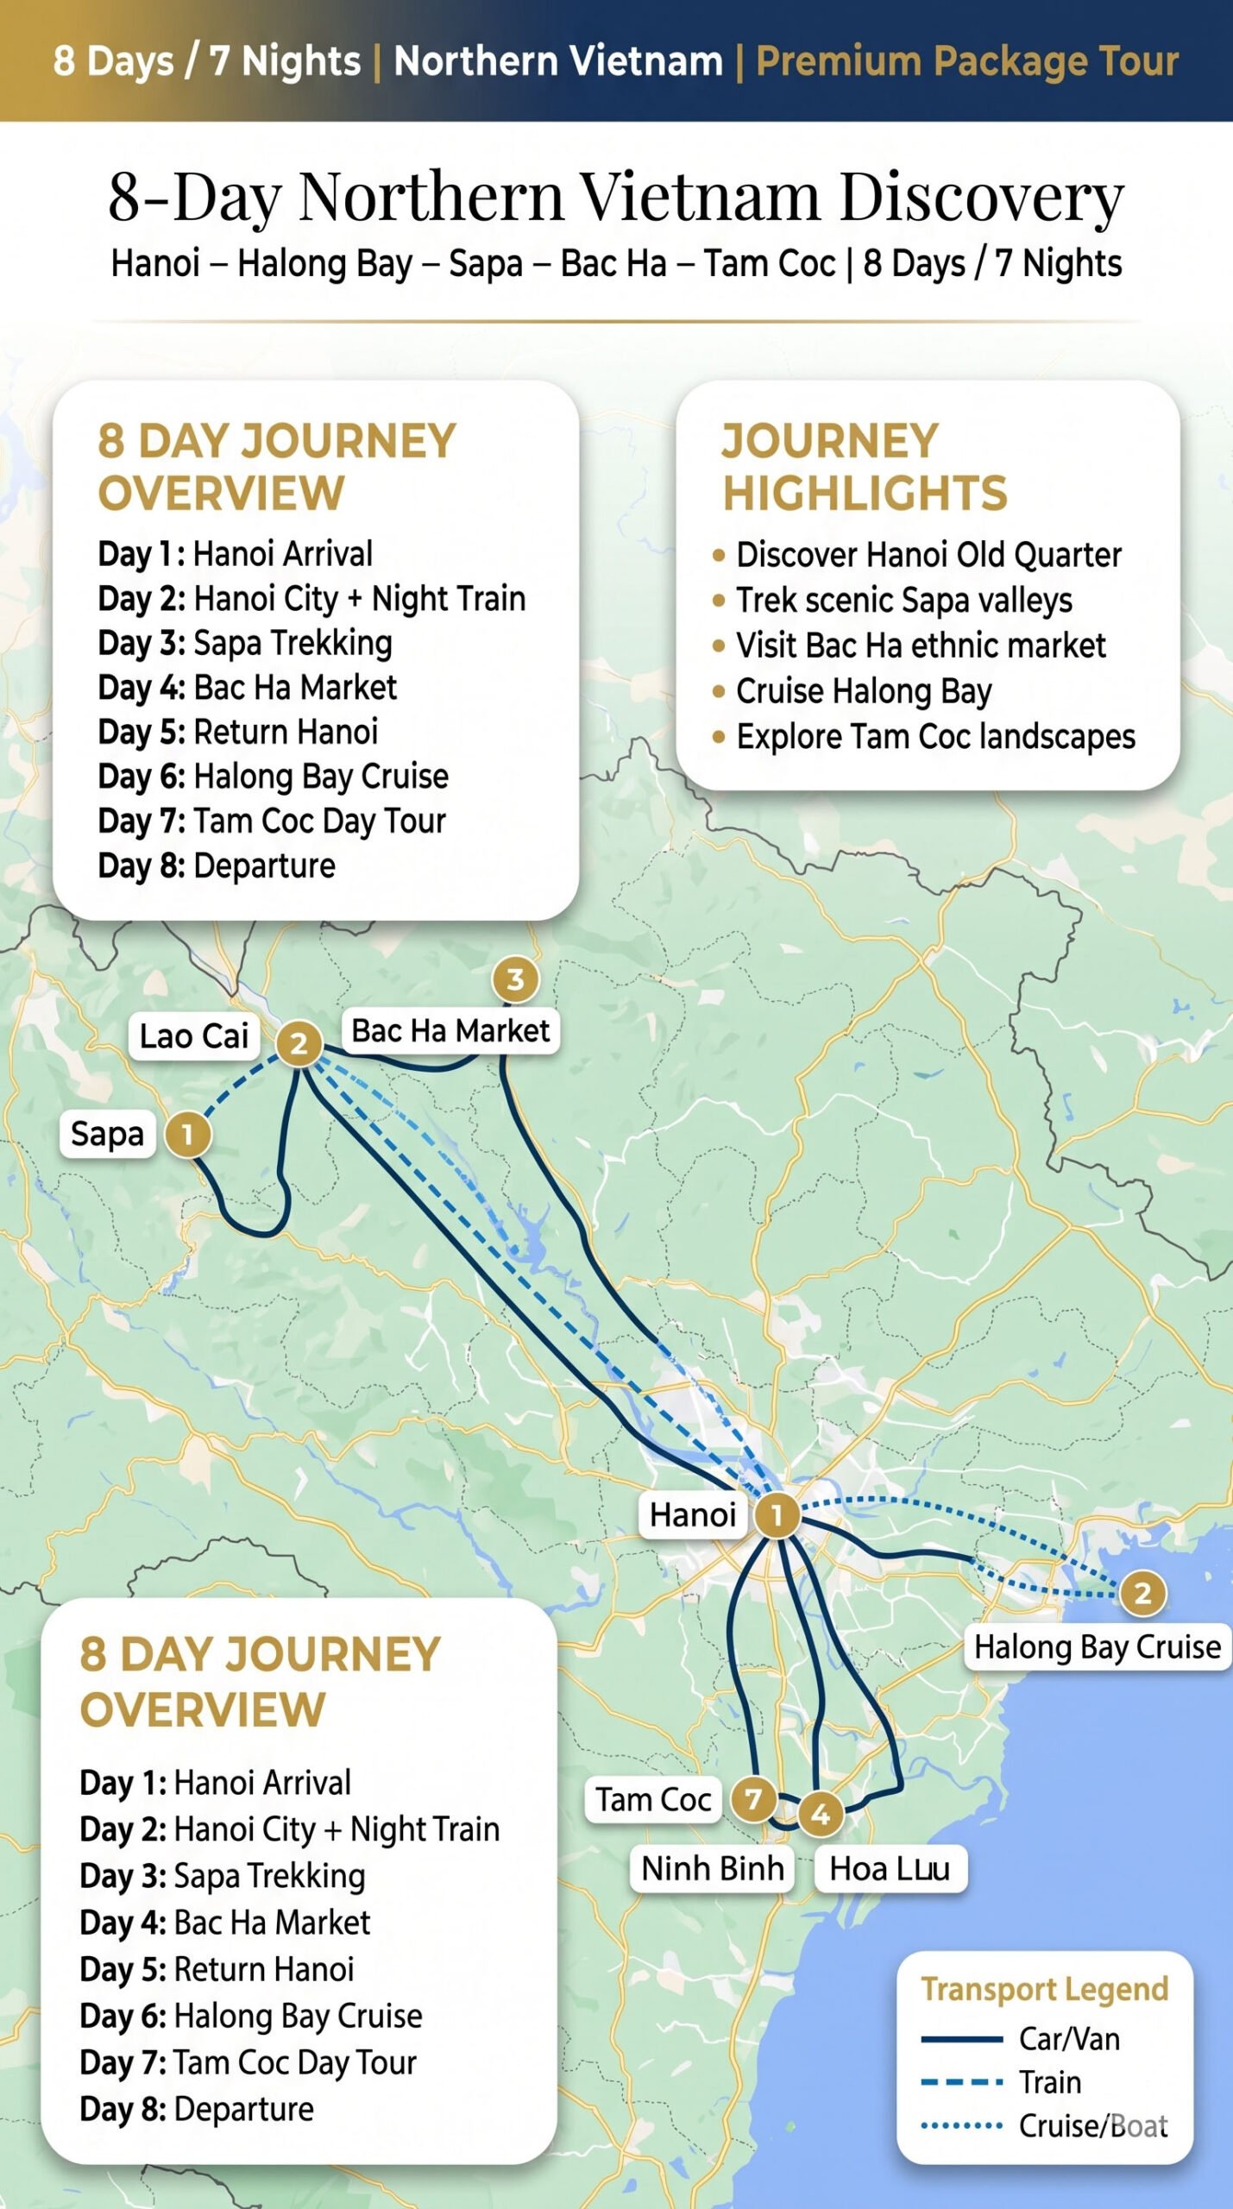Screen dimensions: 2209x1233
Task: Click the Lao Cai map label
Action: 194,1036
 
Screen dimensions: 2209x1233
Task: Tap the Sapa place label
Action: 107,1134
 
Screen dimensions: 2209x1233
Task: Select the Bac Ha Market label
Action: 450,1031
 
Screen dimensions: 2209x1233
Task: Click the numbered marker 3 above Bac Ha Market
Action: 515,979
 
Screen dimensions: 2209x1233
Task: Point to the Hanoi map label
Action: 693,1515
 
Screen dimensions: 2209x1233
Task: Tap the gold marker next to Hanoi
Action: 777,1515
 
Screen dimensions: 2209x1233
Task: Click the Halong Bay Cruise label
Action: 1097,1647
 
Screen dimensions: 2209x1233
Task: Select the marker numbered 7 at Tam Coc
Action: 753,1799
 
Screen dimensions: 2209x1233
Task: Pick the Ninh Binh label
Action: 713,1869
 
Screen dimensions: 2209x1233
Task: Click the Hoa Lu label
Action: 890,1869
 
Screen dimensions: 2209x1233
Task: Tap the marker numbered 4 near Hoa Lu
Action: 821,1815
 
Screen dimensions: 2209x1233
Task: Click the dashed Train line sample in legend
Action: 961,2082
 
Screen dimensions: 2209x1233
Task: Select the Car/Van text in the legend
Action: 1069,2039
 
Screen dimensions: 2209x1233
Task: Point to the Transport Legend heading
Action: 1044,1989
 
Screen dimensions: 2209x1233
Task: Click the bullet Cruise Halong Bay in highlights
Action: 863,691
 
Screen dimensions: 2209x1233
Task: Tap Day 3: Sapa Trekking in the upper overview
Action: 245,643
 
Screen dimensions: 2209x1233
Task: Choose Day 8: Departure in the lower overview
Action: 197,2109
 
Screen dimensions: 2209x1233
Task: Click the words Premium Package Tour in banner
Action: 967,61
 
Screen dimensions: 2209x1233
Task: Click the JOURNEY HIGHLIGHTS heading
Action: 864,467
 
